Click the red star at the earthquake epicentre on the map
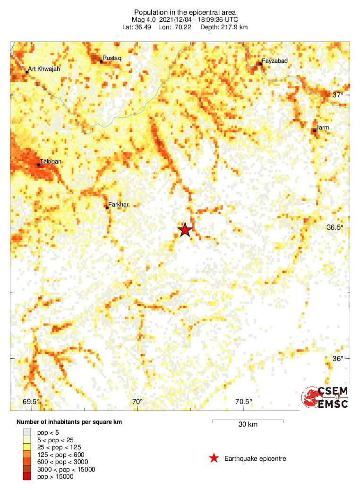(185, 230)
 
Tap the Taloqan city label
(50, 161)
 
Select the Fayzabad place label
(274, 61)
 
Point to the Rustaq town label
(112, 58)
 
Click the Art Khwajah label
(44, 69)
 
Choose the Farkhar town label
(119, 205)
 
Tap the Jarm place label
(323, 128)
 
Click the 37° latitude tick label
(338, 95)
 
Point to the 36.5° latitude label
(335, 227)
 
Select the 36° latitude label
(338, 359)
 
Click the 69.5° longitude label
(31, 402)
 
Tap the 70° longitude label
(137, 402)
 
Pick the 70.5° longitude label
(243, 402)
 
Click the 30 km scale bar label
(248, 425)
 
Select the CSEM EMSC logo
(325, 397)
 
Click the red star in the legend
(214, 458)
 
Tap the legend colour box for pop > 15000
(27, 477)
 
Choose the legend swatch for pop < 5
(27, 432)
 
